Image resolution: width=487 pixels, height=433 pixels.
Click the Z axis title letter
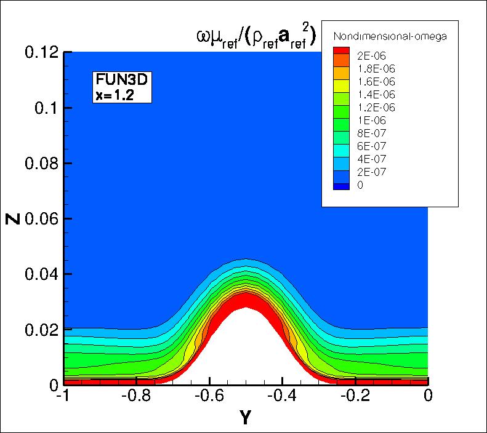point(14,218)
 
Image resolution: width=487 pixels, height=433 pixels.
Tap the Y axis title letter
point(244,419)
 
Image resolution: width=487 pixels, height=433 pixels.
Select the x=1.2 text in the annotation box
point(115,94)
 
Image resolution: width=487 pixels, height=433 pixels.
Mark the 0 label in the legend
point(360,185)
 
